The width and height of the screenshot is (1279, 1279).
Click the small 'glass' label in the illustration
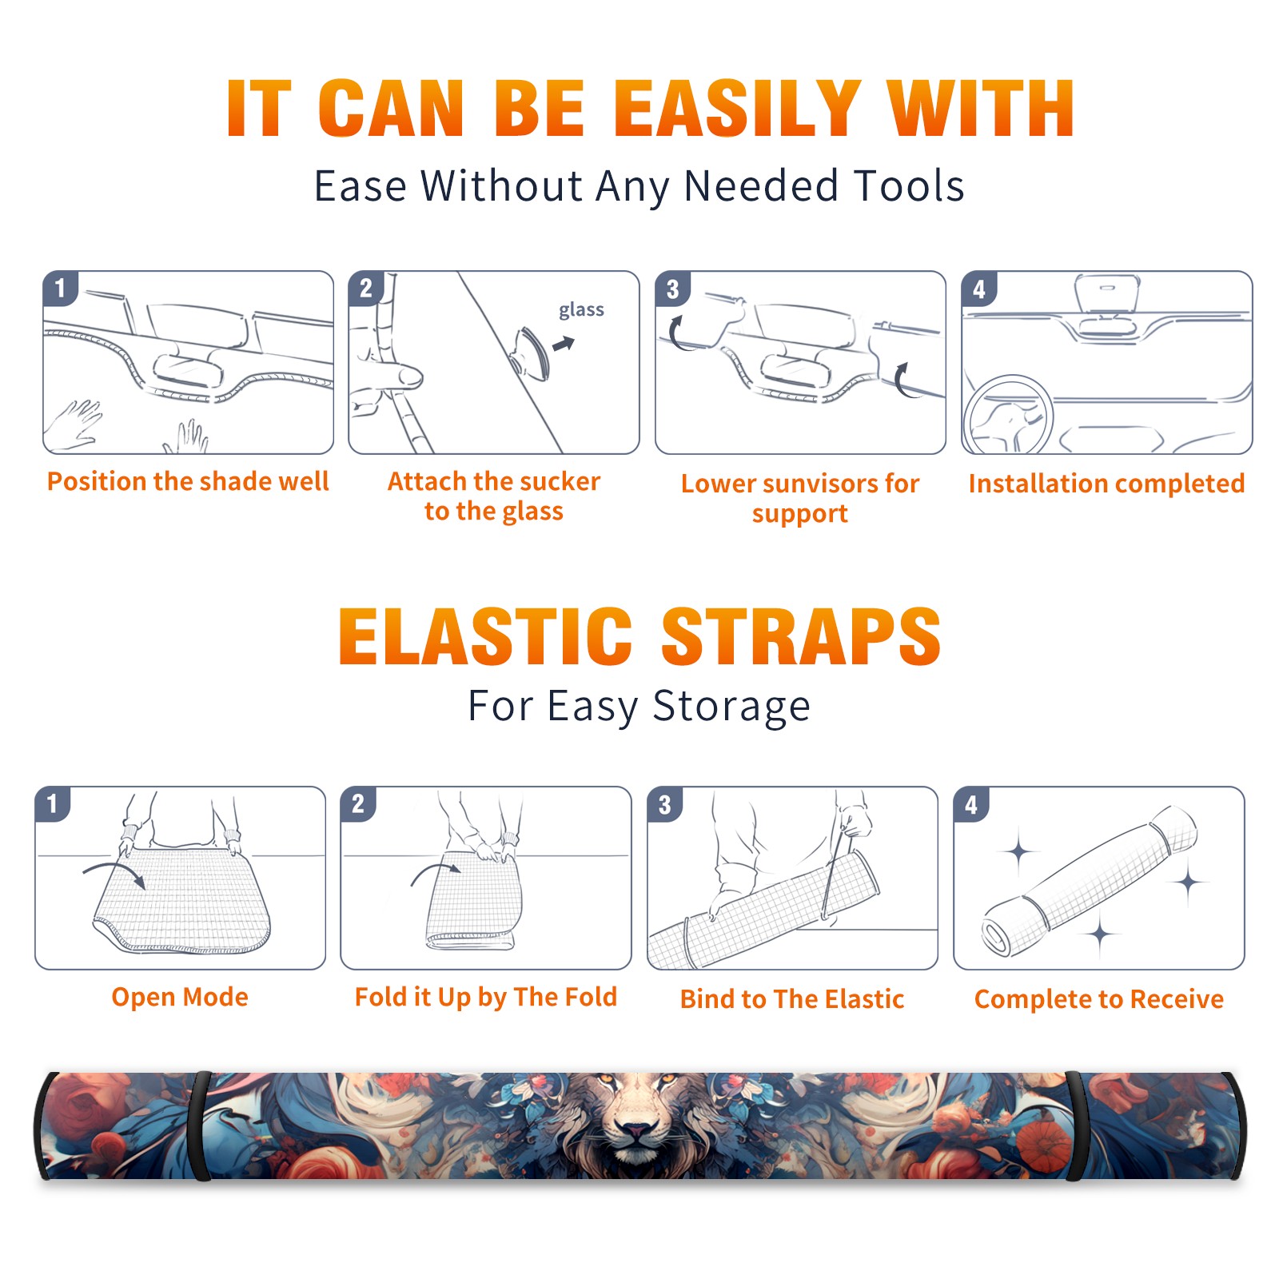[581, 310]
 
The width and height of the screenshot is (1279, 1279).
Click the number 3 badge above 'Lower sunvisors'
[672, 289]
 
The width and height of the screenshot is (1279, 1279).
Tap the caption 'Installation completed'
[1106, 483]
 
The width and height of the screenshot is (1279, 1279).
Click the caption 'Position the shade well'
[188, 481]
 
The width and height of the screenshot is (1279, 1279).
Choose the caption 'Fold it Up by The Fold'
[486, 997]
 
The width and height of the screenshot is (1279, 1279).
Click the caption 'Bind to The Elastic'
[792, 998]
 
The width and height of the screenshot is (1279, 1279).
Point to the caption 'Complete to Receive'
[1099, 998]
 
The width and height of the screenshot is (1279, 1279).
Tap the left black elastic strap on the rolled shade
[199, 1126]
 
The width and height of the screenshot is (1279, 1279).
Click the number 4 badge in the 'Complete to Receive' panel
[971, 804]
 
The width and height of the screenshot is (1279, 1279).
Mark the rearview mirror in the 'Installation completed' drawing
[1106, 293]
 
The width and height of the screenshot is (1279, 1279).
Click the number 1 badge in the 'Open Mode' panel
[53, 804]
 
